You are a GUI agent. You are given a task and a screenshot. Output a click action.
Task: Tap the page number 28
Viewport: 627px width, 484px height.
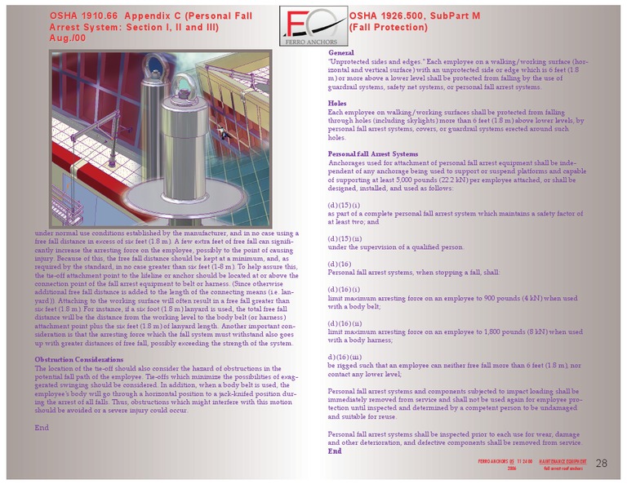tap(602, 463)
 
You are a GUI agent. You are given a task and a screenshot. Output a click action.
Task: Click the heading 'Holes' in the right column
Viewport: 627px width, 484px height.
tap(336, 104)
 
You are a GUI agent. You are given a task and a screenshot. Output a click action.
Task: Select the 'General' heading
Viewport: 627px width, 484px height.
tap(340, 53)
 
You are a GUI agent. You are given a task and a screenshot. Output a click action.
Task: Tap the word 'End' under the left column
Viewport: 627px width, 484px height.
tap(42, 427)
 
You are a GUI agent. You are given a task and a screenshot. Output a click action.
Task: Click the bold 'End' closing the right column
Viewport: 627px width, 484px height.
tap(334, 451)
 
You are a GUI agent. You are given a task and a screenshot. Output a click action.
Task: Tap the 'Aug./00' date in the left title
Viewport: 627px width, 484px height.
tap(65, 38)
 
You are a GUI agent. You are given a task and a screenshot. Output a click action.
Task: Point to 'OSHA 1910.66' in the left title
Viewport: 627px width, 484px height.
tap(87, 16)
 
